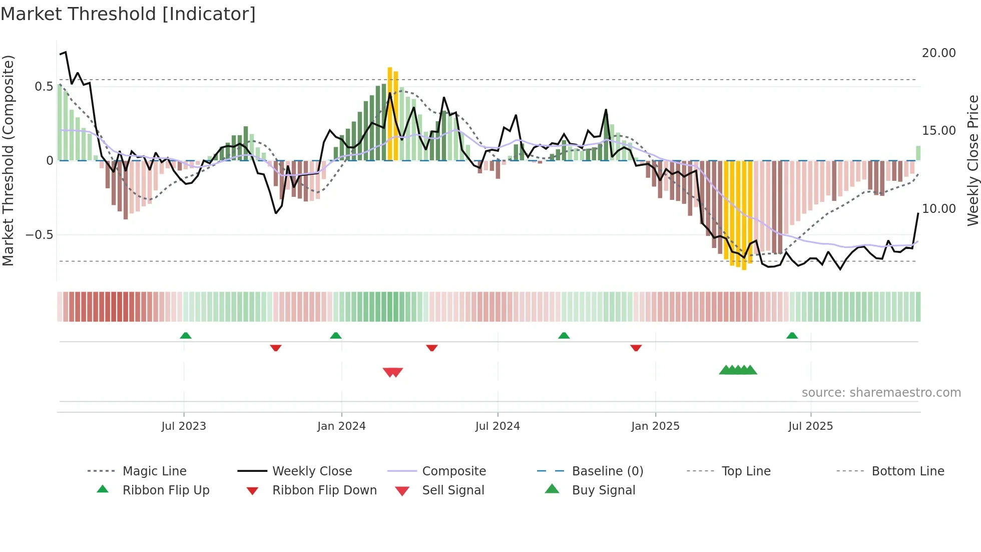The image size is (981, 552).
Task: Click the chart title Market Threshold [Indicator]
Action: click(128, 14)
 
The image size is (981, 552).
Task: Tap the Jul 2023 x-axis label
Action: click(184, 426)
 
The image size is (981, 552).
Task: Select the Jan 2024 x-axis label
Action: click(341, 426)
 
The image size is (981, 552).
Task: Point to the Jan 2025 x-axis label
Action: click(655, 426)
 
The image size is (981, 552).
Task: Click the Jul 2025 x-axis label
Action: click(810, 426)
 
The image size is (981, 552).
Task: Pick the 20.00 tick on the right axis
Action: click(938, 53)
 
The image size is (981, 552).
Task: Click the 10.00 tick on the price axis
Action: click(938, 209)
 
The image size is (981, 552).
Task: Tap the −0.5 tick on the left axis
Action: click(39, 235)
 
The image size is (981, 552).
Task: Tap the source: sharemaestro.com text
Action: click(881, 393)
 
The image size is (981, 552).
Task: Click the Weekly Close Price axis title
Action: click(972, 160)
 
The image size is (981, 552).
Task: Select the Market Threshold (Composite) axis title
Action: click(8, 160)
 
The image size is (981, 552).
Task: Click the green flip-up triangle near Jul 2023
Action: click(186, 336)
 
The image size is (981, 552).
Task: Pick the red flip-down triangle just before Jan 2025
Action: click(636, 348)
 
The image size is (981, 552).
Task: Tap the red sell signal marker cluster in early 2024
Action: click(393, 372)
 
